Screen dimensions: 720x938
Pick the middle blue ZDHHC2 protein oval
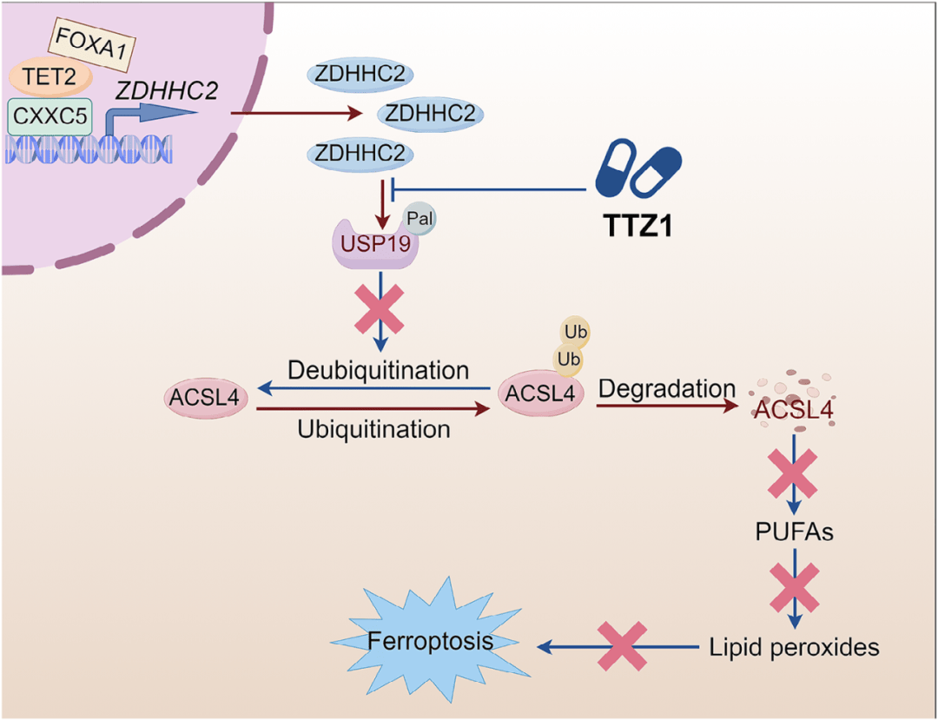tap(430, 114)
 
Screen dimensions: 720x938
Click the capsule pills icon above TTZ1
tap(638, 170)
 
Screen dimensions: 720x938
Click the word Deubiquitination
tap(379, 369)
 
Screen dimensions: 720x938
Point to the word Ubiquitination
tap(373, 428)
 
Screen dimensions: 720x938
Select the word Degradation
tap(667, 388)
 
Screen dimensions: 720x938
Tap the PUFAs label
tap(795, 532)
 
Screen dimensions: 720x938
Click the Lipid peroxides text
tap(794, 646)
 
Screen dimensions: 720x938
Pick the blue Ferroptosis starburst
tap(431, 641)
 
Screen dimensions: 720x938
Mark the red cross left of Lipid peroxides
tap(622, 646)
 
